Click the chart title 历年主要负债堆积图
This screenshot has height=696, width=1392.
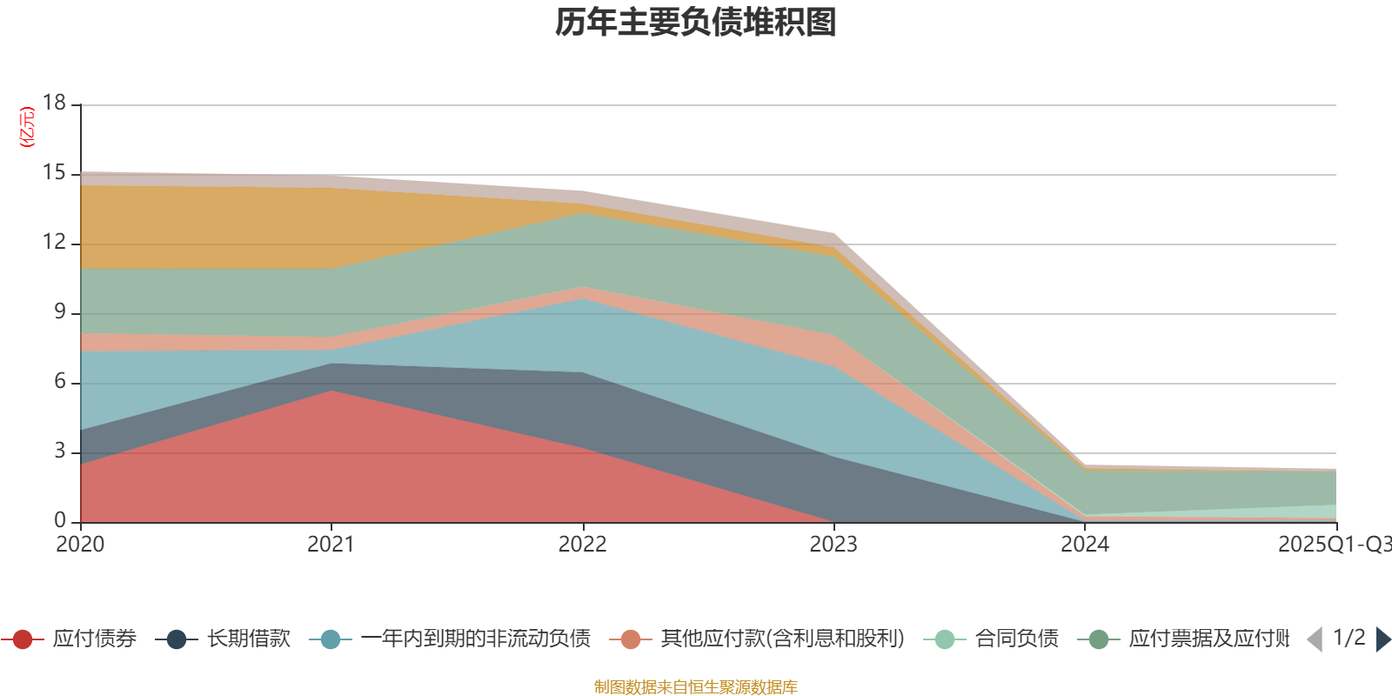(x=696, y=23)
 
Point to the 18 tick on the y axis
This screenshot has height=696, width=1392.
(x=55, y=103)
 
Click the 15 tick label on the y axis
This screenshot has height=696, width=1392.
(x=55, y=173)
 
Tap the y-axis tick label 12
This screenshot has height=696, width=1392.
(x=55, y=242)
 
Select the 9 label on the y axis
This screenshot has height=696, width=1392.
(x=60, y=311)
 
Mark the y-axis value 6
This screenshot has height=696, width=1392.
(x=60, y=381)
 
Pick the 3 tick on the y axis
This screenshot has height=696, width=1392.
(x=60, y=451)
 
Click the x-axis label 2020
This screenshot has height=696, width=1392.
(x=80, y=545)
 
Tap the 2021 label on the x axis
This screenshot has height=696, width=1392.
(x=331, y=545)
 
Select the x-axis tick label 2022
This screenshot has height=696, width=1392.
(x=582, y=545)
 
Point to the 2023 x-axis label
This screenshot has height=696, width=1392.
(x=833, y=545)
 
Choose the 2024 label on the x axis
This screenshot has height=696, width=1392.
(x=1084, y=545)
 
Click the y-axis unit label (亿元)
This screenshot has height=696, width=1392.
(x=27, y=127)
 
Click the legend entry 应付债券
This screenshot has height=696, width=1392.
(x=94, y=639)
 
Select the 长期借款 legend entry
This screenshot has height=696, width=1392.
(x=248, y=639)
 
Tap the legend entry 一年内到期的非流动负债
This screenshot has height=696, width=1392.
(x=475, y=639)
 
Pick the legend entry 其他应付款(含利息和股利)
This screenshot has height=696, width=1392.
(x=782, y=639)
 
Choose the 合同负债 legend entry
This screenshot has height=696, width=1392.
(x=1016, y=639)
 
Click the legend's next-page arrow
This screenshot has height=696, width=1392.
(x=1383, y=639)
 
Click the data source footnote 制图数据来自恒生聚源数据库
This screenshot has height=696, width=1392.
(x=696, y=687)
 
